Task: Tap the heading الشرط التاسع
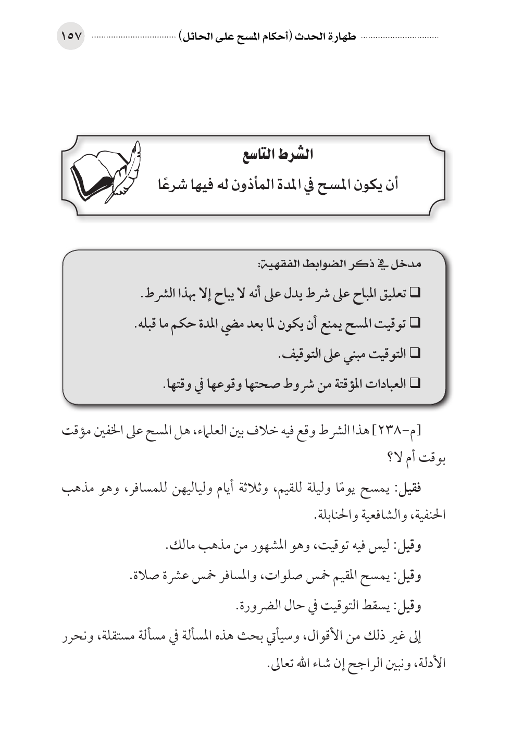pos(286,155)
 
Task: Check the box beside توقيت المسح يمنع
pos(415,324)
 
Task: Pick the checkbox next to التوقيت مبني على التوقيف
pos(415,354)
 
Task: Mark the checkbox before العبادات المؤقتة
pos(415,384)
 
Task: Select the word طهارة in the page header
pos(341,37)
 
